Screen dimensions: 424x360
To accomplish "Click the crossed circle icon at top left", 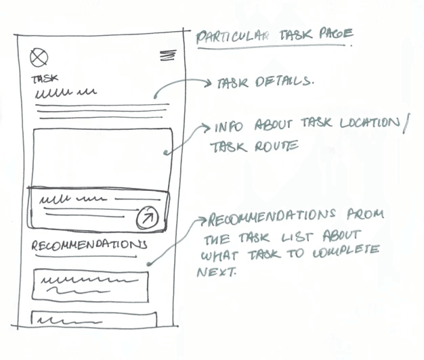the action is (39, 58).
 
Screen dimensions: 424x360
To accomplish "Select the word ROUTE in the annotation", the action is (276, 145).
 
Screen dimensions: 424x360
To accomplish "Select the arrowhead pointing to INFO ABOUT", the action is (205, 127).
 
